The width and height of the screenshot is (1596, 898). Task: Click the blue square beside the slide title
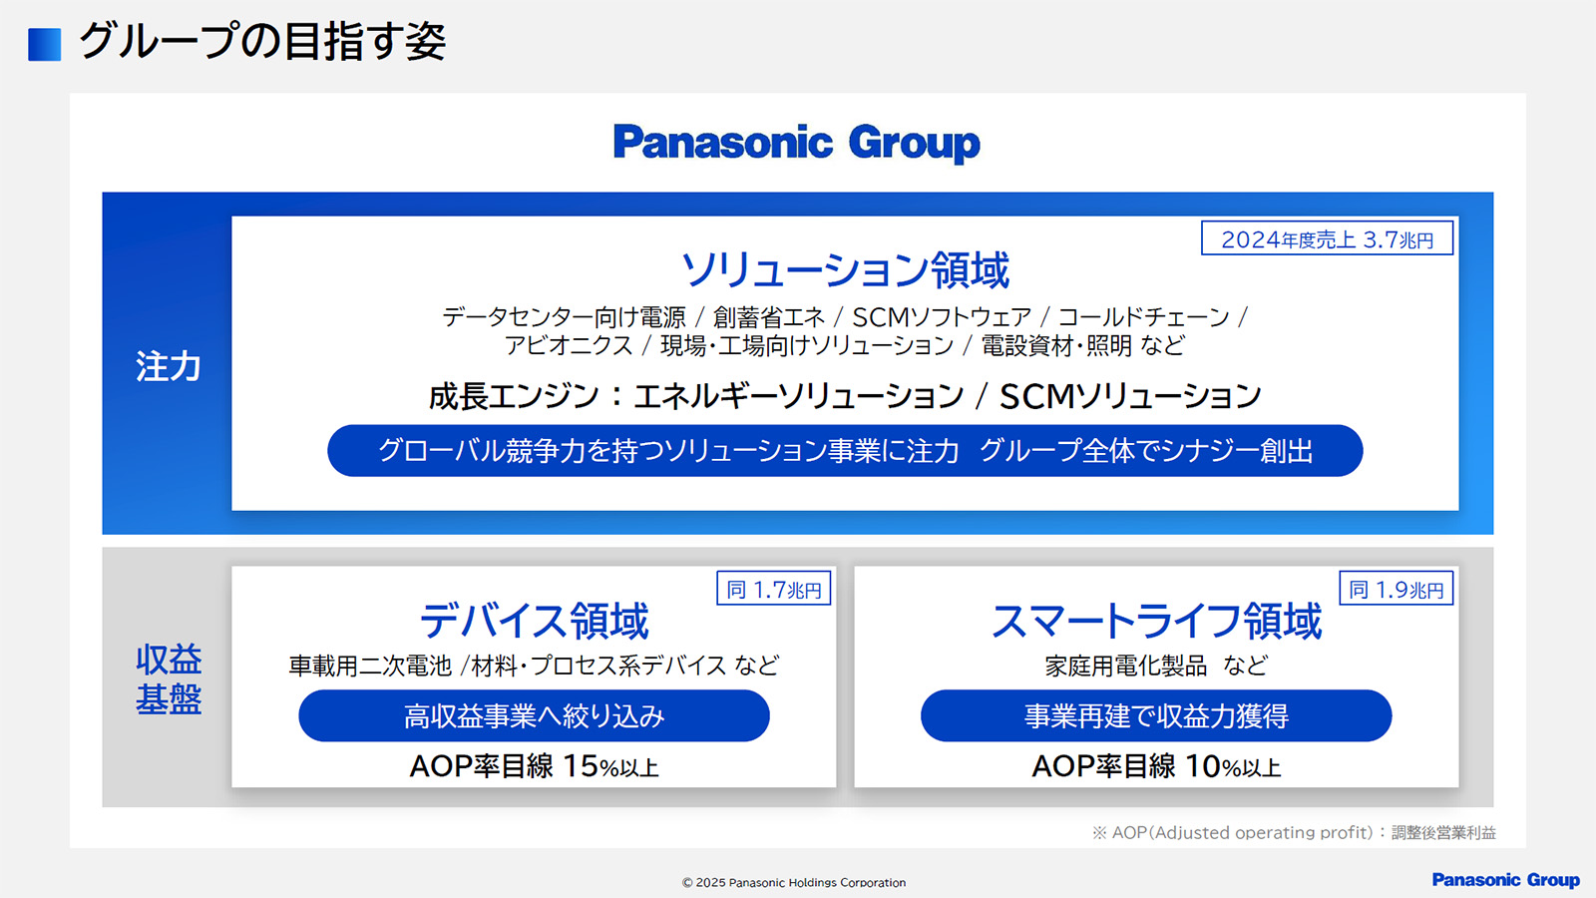44,44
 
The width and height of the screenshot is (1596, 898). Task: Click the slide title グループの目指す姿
262,41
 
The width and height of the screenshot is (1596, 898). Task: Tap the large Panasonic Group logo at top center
797,144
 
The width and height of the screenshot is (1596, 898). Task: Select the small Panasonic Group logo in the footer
1505,880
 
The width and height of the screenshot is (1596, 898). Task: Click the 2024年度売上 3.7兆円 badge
1327,238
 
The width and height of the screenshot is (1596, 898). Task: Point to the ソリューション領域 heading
845,270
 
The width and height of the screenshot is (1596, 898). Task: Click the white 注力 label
169,366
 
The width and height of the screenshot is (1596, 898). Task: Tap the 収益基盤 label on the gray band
169,679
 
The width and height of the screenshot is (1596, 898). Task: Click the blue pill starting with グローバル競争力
845,450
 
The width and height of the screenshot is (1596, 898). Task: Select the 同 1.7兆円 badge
774,589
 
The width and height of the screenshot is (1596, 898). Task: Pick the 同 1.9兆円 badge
1396,589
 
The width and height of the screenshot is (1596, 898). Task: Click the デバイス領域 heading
534,620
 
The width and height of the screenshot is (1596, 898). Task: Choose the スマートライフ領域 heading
1156,620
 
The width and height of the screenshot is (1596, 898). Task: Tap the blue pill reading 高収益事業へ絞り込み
534,715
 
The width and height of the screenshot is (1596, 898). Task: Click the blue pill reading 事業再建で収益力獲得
1156,715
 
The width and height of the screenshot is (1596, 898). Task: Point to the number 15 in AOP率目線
580,767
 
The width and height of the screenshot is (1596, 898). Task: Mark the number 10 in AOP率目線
1203,767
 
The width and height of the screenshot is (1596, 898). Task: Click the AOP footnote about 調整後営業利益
1294,832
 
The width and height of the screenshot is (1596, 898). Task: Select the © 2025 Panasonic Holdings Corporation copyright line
794,882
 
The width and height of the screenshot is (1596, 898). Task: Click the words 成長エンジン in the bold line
513,396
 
